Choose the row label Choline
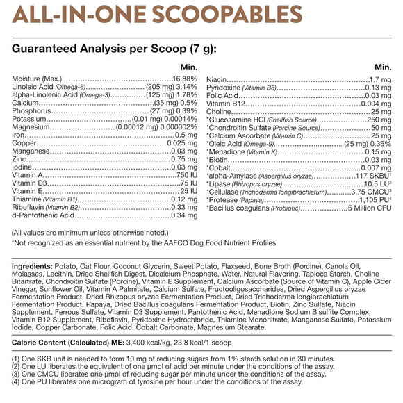click(220, 111)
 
